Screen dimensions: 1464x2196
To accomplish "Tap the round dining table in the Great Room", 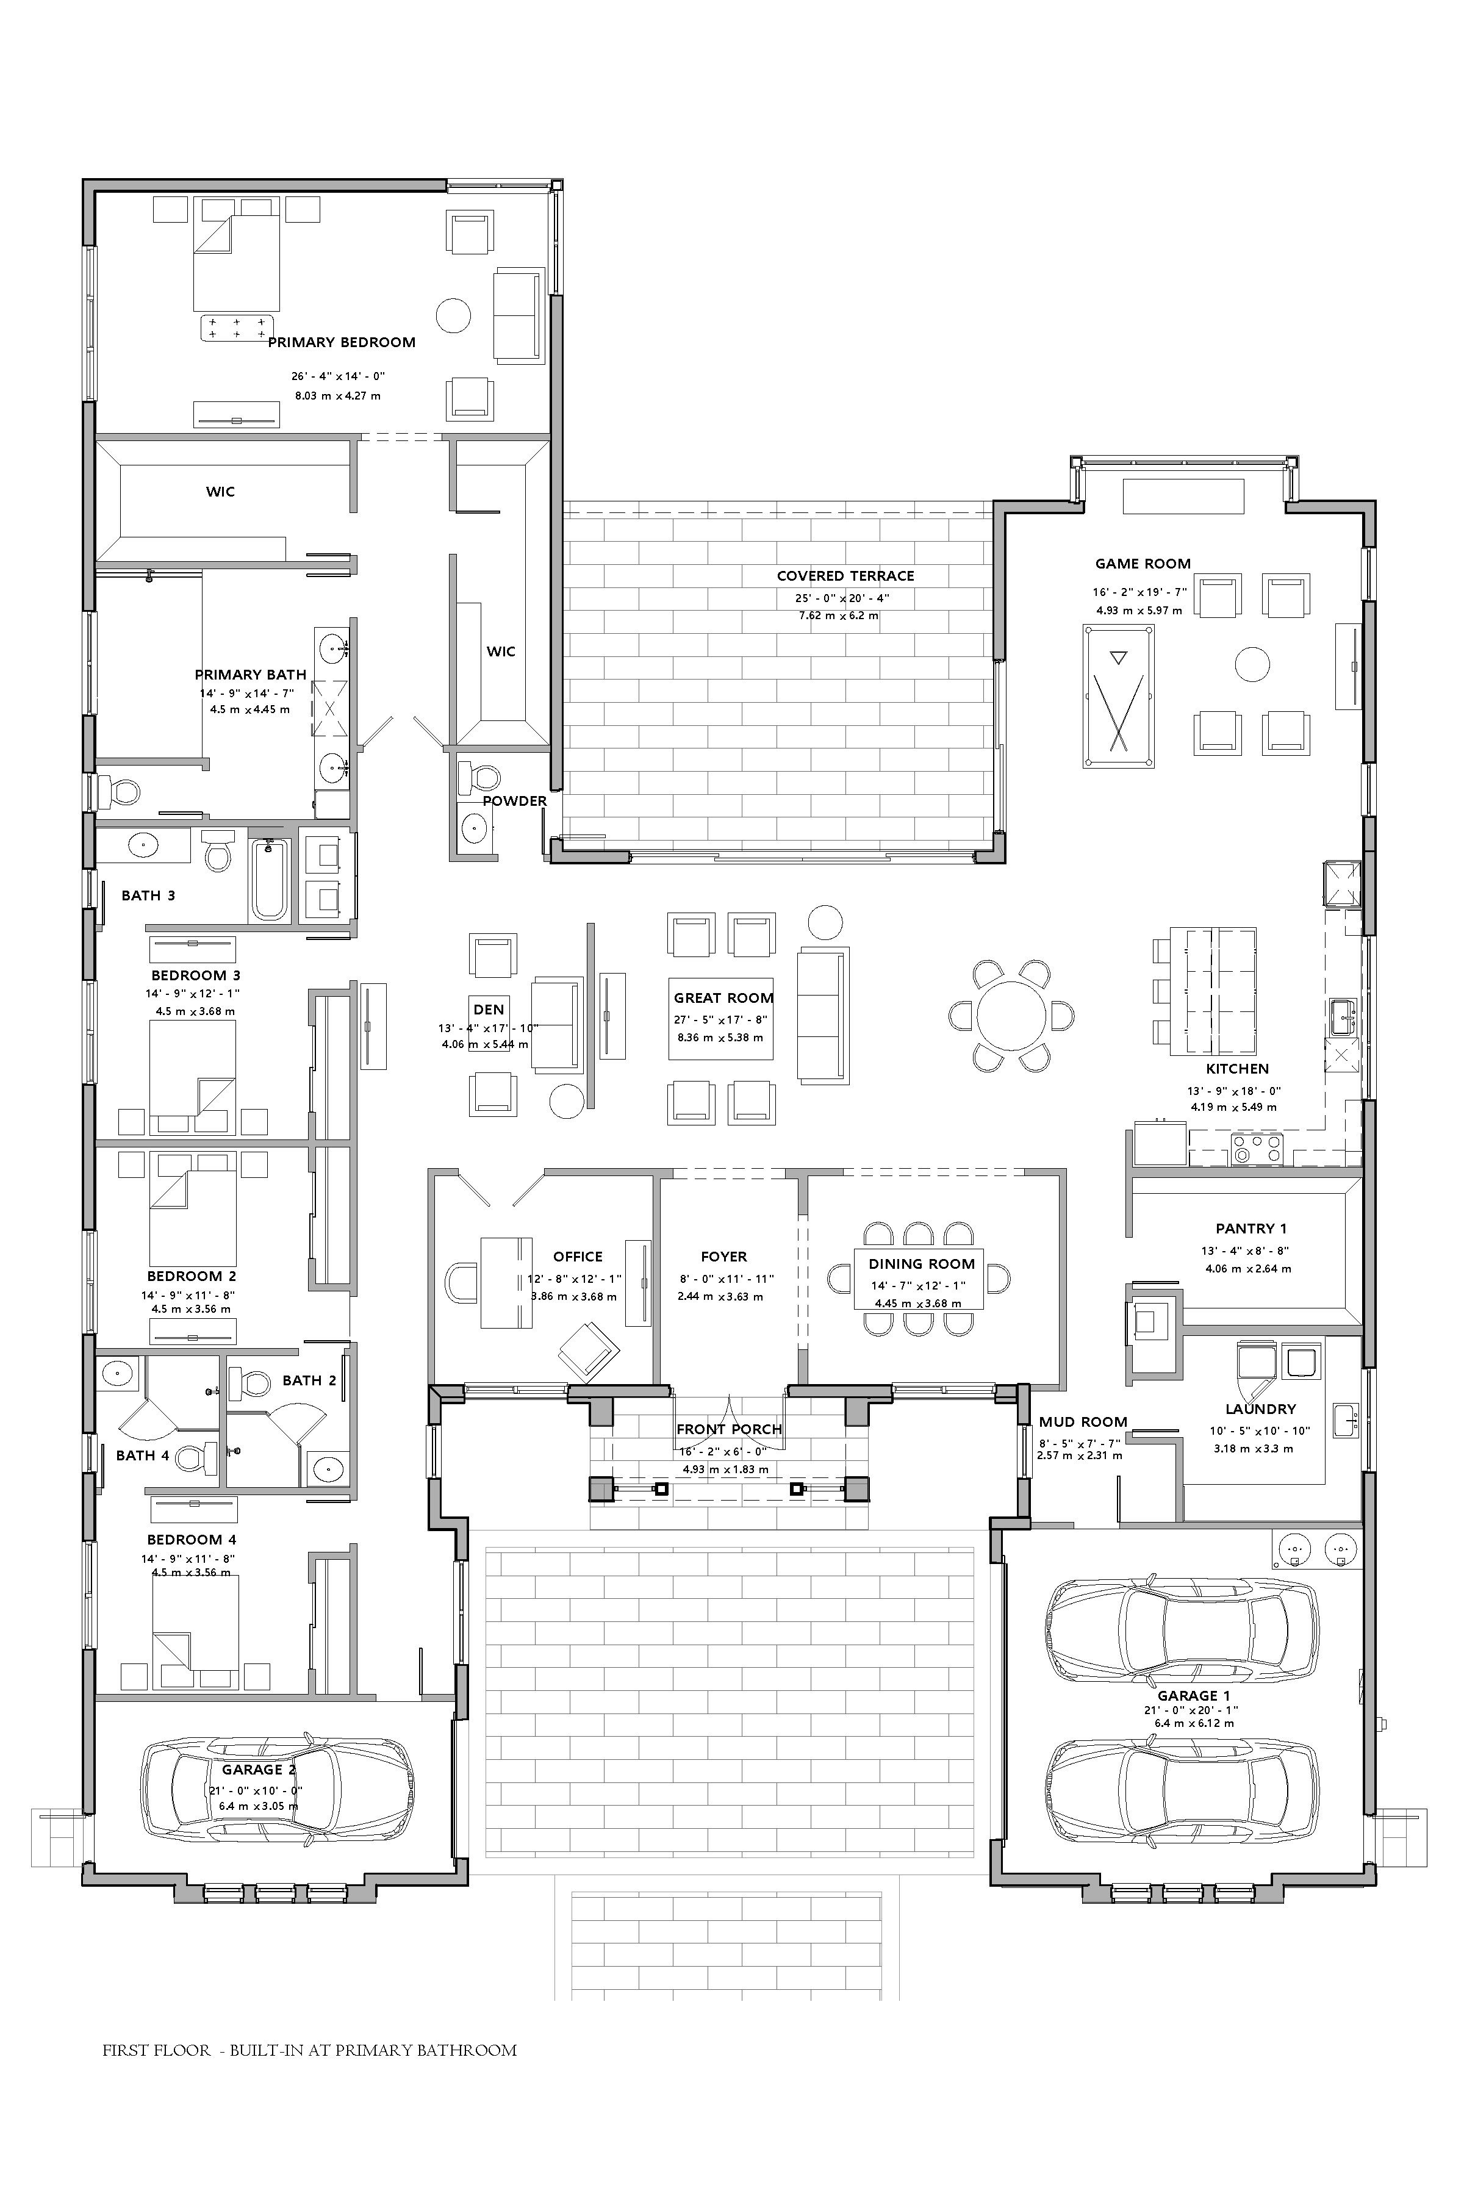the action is click(x=1011, y=1016).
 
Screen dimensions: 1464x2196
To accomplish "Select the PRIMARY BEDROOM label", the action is click(x=342, y=343).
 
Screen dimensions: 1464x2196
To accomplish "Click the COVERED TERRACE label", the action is click(x=845, y=576).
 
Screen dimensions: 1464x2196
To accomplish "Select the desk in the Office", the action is click(x=506, y=1282).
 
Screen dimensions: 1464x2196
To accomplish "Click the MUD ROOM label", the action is click(x=1083, y=1422).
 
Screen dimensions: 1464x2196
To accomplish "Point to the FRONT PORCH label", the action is click(x=729, y=1429).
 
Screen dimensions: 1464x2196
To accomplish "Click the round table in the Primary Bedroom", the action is click(x=454, y=315).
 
